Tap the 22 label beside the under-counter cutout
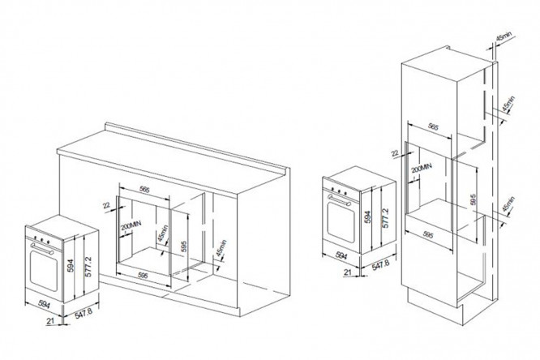(106, 206)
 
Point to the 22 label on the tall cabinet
(395, 152)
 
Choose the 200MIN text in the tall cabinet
(416, 169)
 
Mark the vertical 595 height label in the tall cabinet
(474, 198)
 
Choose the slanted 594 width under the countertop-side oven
(25, 305)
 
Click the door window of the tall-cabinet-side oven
(341, 221)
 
